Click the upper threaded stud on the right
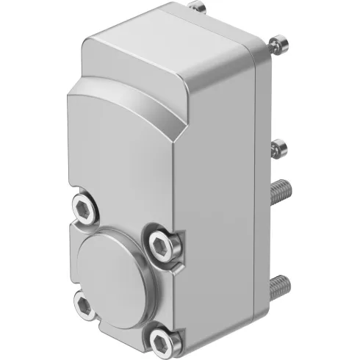tap(284, 193)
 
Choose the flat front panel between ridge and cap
tap(121, 169)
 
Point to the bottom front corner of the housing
tap(176, 345)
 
